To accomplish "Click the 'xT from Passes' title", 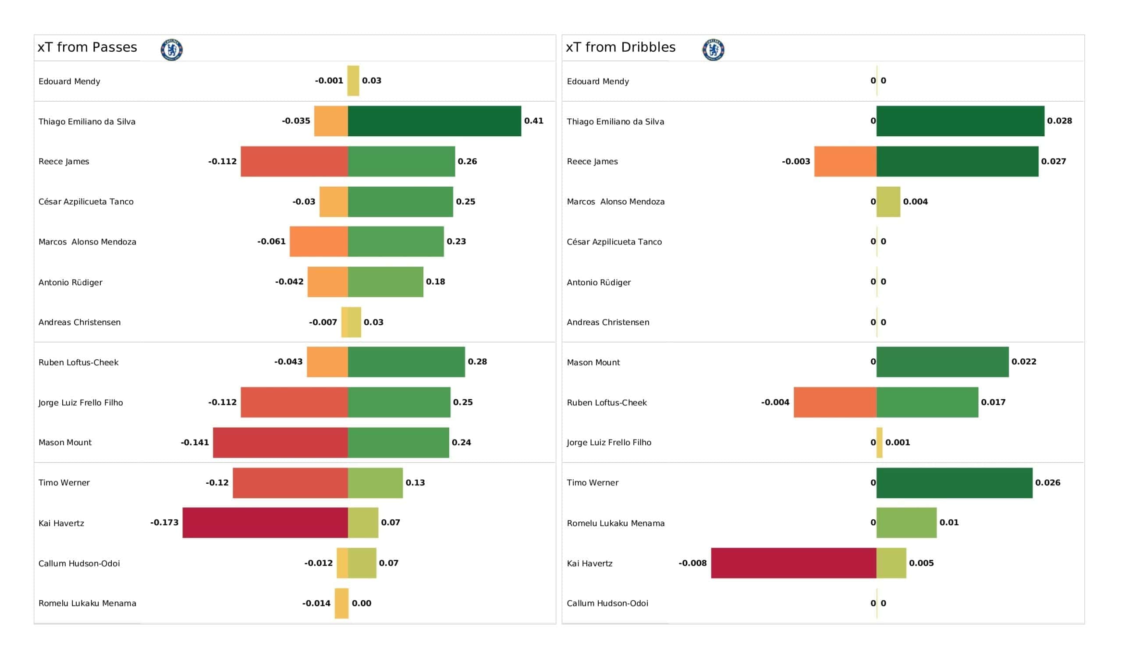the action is click(x=87, y=47).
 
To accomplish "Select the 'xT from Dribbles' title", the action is click(x=621, y=47).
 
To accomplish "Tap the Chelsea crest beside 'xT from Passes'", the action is click(x=172, y=50).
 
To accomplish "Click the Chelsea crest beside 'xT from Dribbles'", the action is click(x=713, y=50).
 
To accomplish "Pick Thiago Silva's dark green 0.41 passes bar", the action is click(x=434, y=121).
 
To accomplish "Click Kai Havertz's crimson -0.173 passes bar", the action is click(x=265, y=523).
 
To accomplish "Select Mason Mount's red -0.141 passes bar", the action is click(x=280, y=443).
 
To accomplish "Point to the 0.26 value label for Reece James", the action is click(x=468, y=161).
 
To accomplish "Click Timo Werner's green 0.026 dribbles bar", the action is click(x=955, y=483).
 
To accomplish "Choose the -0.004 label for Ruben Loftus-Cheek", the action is click(x=775, y=402).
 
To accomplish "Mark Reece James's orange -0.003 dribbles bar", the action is click(x=845, y=161).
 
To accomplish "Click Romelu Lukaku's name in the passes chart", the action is click(x=87, y=603).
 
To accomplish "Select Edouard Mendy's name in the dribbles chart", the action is click(x=598, y=81).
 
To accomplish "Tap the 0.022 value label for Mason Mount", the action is click(x=1024, y=361).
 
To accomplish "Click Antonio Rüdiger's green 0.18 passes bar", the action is click(x=386, y=282).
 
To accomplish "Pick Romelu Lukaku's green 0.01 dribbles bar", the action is click(x=906, y=523).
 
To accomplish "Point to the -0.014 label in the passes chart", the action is click(x=316, y=603).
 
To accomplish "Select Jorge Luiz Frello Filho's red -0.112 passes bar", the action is click(x=294, y=402).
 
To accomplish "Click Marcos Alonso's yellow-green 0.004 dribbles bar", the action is click(x=888, y=202).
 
